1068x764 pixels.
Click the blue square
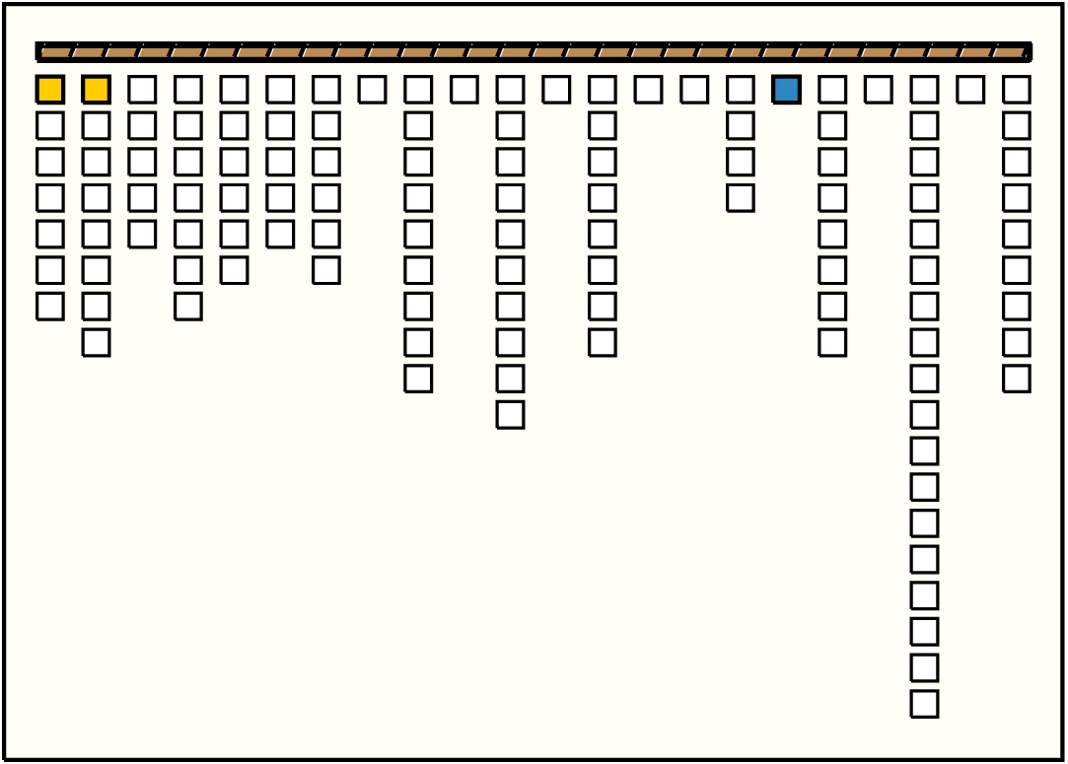[786, 90]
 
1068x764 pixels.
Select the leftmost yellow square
[50, 90]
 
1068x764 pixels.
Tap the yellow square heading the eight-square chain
[96, 90]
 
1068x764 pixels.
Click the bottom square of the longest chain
[924, 704]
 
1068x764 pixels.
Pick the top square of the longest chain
[924, 90]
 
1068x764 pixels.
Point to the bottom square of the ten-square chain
[510, 415]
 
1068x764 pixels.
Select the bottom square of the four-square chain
[741, 198]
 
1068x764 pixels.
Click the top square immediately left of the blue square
[741, 90]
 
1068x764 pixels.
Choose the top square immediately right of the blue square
[832, 90]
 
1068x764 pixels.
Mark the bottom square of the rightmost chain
[1017, 379]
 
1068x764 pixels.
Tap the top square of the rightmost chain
[1017, 90]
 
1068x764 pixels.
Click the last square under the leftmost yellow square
[50, 307]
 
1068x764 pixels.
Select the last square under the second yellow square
[96, 343]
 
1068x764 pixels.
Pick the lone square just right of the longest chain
[970, 90]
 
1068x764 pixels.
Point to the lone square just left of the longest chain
[878, 90]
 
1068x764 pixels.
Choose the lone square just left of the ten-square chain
[464, 90]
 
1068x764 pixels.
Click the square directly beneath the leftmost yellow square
[50, 126]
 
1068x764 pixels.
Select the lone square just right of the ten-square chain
[556, 90]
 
